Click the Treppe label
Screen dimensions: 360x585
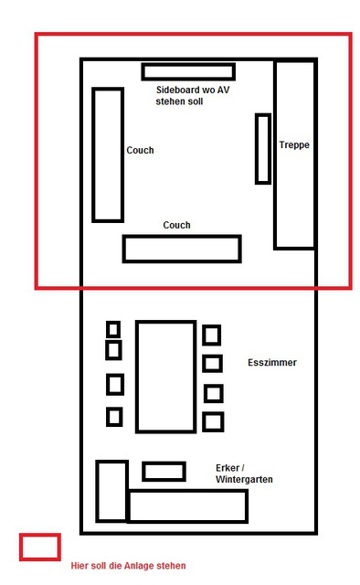pos(294,144)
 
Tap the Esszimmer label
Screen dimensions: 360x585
pos(272,362)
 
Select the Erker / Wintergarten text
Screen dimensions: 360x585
pos(244,473)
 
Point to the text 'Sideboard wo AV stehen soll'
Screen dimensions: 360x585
pos(193,95)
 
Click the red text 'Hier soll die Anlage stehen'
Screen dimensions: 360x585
pos(128,566)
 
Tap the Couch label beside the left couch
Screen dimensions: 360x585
pos(140,150)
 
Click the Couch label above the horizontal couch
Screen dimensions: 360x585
pos(176,225)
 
